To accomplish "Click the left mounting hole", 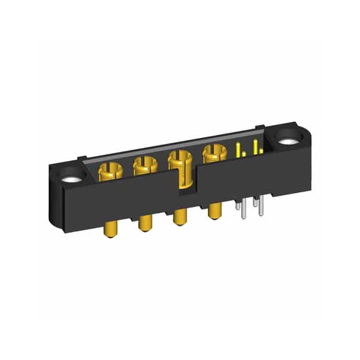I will [x=73, y=178].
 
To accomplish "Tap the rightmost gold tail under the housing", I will [x=214, y=211].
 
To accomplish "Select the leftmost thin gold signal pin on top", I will [x=237, y=149].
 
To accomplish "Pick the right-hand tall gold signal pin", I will [x=255, y=146].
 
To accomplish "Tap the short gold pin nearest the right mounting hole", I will [x=262, y=151].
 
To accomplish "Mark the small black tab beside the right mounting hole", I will [x=259, y=128].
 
